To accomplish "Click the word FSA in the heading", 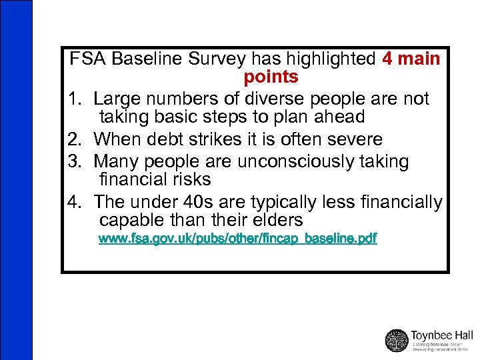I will point(89,59).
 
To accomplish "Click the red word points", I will point(271,77).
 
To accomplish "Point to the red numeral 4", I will point(389,59).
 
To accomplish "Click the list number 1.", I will point(75,99).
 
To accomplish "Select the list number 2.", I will point(75,139).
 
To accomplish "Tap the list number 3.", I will point(75,161).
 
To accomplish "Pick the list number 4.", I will point(75,201).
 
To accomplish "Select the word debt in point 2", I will point(176,139).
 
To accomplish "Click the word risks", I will point(191,179).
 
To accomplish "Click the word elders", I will point(278,220).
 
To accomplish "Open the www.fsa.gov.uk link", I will point(237,238).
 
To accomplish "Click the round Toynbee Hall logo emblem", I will point(397,339).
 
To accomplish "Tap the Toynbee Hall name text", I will point(442,335).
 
